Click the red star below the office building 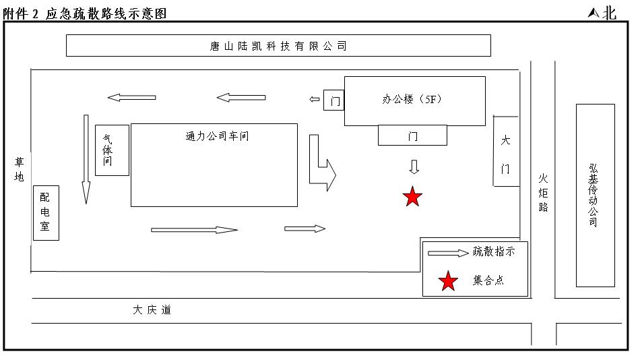pyautogui.click(x=412, y=197)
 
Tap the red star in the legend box pyautogui.click(x=448, y=281)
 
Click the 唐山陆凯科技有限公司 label pyautogui.click(x=278, y=46)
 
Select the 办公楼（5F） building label pyautogui.click(x=412, y=99)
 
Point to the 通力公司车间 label pyautogui.click(x=217, y=136)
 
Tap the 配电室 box pyautogui.click(x=46, y=212)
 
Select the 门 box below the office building pyautogui.click(x=412, y=136)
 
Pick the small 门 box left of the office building pyautogui.click(x=333, y=100)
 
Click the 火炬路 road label pyautogui.click(x=543, y=193)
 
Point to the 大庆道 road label pyautogui.click(x=152, y=310)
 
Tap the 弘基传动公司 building pyautogui.click(x=594, y=195)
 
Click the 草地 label pyautogui.click(x=19, y=169)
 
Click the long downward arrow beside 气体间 pyautogui.click(x=86, y=159)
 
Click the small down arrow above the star pyautogui.click(x=414, y=167)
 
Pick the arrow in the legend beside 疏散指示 pyautogui.click(x=448, y=253)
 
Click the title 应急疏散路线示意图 pyautogui.click(x=106, y=13)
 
